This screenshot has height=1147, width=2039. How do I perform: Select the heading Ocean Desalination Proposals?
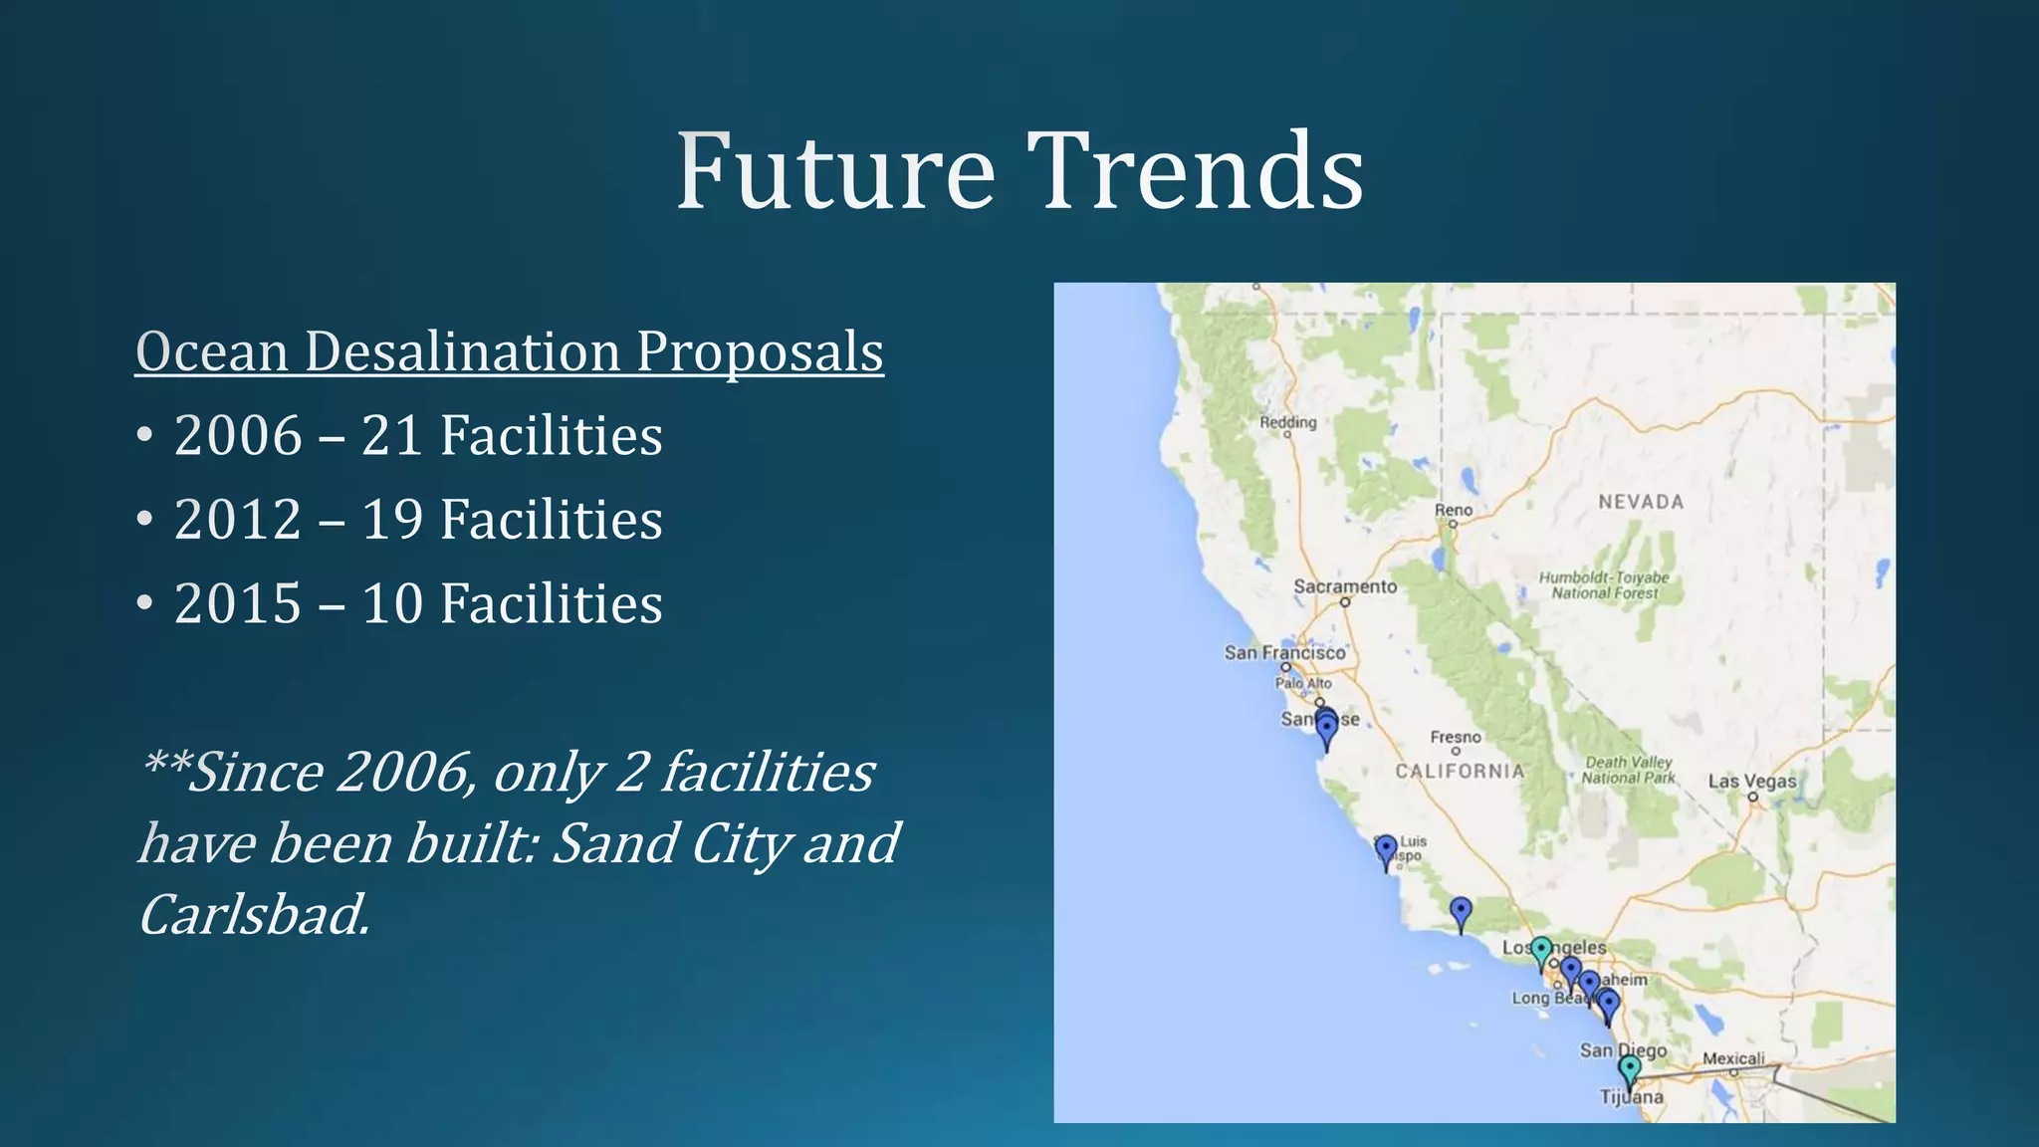[x=509, y=351]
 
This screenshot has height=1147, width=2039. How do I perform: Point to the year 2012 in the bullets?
[x=238, y=520]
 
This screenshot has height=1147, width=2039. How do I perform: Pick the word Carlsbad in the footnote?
[x=254, y=914]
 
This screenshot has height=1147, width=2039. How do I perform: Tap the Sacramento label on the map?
[x=1345, y=586]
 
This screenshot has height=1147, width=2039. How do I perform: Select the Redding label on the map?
[x=1287, y=422]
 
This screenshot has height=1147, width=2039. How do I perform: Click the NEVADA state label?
[x=1641, y=502]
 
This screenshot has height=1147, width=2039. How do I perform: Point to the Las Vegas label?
[x=1752, y=781]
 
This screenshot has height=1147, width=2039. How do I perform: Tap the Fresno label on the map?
[x=1456, y=737]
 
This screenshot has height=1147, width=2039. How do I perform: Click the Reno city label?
[x=1453, y=510]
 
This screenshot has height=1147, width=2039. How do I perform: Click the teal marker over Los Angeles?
[x=1541, y=950]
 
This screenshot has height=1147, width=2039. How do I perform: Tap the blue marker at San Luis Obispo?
[x=1386, y=849]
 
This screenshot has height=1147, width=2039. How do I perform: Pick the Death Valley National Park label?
[x=1629, y=770]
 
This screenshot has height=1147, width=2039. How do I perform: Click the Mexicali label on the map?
[x=1733, y=1058]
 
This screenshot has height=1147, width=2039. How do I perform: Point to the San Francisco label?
[x=1284, y=652]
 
